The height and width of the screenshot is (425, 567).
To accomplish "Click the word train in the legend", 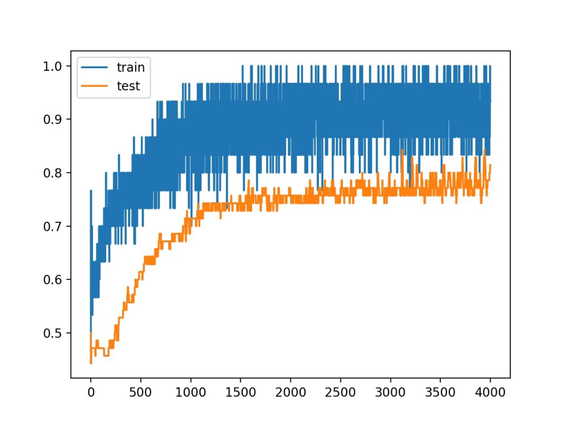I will [130, 68].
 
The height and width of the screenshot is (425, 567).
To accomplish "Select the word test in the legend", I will [128, 86].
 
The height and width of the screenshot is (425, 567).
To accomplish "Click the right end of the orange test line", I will [491, 165].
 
